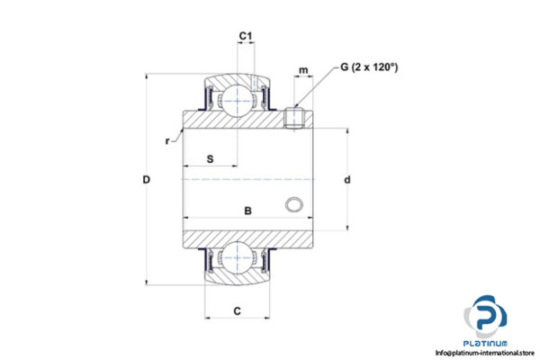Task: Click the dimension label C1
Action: [x=245, y=37]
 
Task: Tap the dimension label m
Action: [x=304, y=70]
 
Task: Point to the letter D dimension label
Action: [x=146, y=180]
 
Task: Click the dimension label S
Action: [x=210, y=158]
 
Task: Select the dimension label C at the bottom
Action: [x=237, y=311]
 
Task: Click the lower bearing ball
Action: [x=238, y=258]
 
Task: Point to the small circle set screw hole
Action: [x=292, y=205]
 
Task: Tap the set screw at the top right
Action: [x=292, y=117]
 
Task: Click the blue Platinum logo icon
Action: [x=486, y=319]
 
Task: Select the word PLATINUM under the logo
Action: [x=487, y=343]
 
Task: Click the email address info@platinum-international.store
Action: [x=479, y=353]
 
